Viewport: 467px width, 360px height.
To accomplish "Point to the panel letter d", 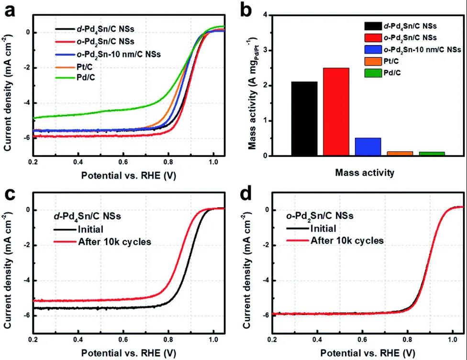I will coord(250,195).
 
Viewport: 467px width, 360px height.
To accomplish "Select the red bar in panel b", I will coord(336,112).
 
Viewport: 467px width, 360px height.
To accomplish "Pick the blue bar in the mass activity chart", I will coord(368,146).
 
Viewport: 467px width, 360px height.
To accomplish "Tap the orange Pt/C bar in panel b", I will coord(400,153).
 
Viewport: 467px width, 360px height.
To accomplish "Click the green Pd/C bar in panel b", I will coord(432,154).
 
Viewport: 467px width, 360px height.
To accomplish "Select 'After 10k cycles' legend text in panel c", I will coord(114,241).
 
